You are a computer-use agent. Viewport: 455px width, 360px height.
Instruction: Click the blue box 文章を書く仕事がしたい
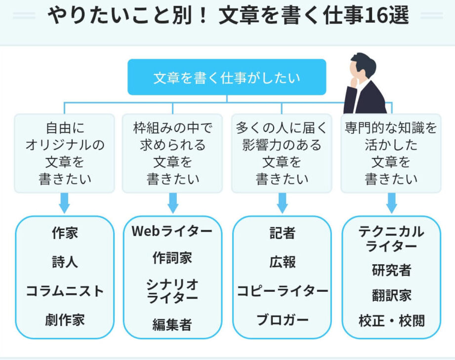point(227,77)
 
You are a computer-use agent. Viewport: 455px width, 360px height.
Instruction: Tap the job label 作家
point(65,233)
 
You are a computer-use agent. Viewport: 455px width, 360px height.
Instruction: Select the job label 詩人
point(65,262)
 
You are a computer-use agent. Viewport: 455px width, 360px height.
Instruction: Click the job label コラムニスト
point(65,291)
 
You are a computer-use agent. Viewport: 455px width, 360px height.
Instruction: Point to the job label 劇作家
point(65,320)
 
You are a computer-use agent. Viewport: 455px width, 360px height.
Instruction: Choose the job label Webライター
point(172,231)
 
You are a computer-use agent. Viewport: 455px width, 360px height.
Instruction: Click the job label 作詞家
point(172,258)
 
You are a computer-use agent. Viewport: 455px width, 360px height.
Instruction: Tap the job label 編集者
point(172,324)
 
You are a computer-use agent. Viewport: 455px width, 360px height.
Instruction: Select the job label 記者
point(282,233)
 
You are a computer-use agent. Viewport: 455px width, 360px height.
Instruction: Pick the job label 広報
point(282,262)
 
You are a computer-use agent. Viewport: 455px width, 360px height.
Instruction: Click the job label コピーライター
point(282,291)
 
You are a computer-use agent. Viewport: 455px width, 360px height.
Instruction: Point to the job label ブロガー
point(282,320)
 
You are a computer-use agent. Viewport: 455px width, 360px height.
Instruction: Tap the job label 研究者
point(391,270)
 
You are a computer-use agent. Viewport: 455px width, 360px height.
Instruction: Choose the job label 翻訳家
point(391,295)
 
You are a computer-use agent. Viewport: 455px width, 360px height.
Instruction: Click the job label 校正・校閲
point(391,321)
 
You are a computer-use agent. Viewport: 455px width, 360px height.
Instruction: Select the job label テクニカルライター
point(391,239)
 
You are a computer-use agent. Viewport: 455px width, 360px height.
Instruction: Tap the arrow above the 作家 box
point(64,203)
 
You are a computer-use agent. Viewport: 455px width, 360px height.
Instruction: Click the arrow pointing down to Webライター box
point(173,203)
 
